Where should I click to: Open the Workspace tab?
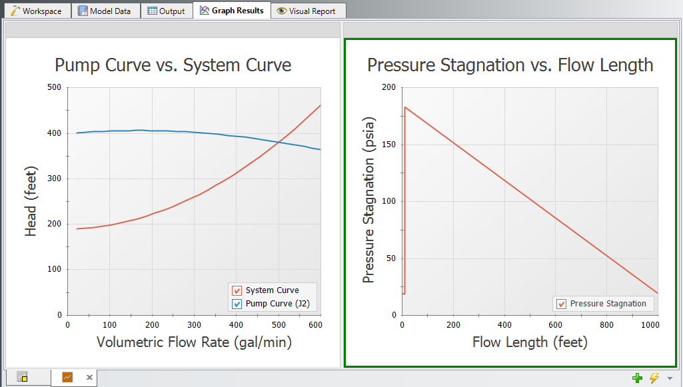[x=37, y=11]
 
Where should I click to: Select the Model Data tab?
[x=105, y=11]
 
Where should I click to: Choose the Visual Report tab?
[x=308, y=11]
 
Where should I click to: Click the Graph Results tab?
[x=231, y=10]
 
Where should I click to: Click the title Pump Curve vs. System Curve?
[x=173, y=65]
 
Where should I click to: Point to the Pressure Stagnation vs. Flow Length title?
[x=510, y=65]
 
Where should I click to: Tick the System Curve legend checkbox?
[x=237, y=290]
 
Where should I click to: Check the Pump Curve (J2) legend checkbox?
[x=237, y=304]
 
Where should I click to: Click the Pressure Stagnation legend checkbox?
[x=561, y=304]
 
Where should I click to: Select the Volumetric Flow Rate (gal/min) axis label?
[x=194, y=342]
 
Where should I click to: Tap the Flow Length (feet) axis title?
[x=529, y=342]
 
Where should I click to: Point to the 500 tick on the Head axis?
[x=54, y=87]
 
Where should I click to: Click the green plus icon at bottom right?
[x=638, y=378]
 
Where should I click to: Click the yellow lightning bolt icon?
[x=654, y=378]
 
